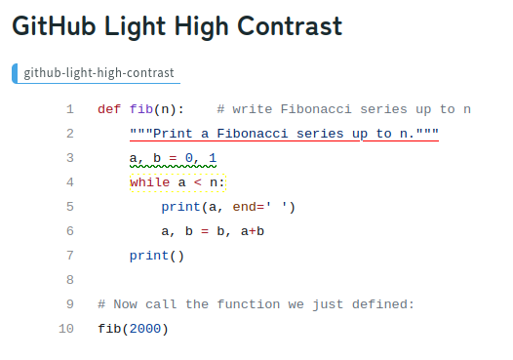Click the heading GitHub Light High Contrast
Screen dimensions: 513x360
[177, 26]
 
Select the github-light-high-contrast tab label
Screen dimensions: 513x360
[99, 73]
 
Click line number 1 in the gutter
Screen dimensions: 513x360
[69, 109]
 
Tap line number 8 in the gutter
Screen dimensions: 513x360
[69, 280]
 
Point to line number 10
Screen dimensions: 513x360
[66, 329]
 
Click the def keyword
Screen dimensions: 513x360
[109, 109]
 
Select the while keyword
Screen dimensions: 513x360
[149, 182]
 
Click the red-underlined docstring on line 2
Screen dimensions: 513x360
[284, 134]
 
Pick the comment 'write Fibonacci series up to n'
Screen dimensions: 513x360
[343, 109]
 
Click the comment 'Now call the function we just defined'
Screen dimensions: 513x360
[256, 304]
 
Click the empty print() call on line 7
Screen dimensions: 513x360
[157, 256]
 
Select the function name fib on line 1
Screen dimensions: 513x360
[141, 109]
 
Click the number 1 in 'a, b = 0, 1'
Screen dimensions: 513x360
[213, 158]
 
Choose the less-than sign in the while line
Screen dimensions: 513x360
[196, 182]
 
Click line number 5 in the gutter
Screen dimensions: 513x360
[69, 207]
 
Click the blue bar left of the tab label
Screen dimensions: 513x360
[15, 73]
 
